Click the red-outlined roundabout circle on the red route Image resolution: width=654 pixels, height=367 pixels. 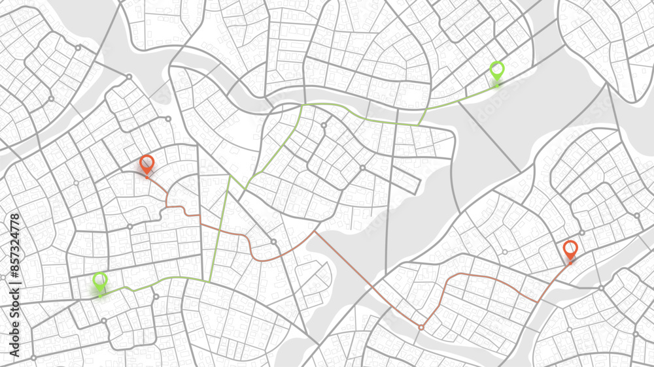point(421,327)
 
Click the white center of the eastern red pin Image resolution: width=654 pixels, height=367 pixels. point(570,247)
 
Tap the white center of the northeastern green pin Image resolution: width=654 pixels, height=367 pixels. point(497,68)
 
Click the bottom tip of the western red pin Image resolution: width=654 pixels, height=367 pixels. point(146,175)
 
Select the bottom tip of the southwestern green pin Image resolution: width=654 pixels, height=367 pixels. point(100,295)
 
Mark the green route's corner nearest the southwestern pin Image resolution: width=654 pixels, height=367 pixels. point(209,281)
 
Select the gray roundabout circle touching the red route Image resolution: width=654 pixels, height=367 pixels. point(273,242)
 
